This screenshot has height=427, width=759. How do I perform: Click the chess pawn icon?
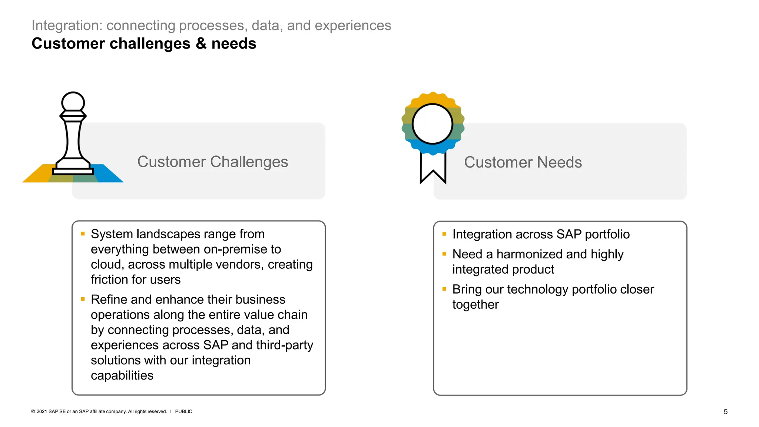point(73,133)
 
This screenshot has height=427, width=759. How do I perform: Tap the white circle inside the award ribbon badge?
point(432,124)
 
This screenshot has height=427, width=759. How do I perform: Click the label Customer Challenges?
point(212,162)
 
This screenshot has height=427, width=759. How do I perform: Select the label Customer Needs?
point(523,162)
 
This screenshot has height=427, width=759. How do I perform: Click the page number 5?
point(725,411)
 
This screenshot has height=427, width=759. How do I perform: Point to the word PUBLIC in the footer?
point(183,411)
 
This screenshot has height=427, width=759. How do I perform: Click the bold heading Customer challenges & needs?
point(144,43)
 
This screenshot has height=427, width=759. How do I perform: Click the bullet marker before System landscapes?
point(83,234)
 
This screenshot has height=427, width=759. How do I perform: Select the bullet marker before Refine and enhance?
point(83,299)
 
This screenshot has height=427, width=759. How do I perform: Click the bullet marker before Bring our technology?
point(444,289)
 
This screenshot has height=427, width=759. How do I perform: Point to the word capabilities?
point(122,375)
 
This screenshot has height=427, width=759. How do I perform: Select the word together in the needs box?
point(475,304)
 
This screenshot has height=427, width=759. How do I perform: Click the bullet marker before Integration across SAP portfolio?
point(444,234)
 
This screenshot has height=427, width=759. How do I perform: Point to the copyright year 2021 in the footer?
point(42,411)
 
